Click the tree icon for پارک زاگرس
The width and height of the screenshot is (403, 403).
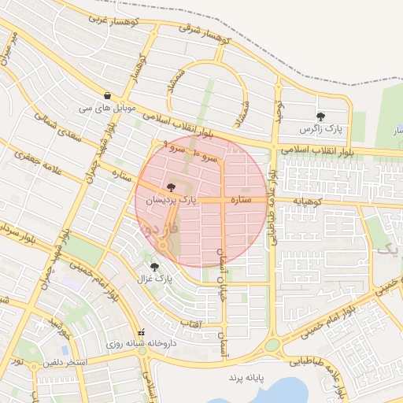pos(320,117)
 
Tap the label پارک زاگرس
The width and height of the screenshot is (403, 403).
pos(318,129)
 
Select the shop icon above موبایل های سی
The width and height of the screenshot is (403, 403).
pos(107,95)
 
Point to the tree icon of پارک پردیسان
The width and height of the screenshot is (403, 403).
pos(172,188)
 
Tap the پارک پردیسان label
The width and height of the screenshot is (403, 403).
pos(172,201)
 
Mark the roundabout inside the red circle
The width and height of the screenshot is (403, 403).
pos(163,247)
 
